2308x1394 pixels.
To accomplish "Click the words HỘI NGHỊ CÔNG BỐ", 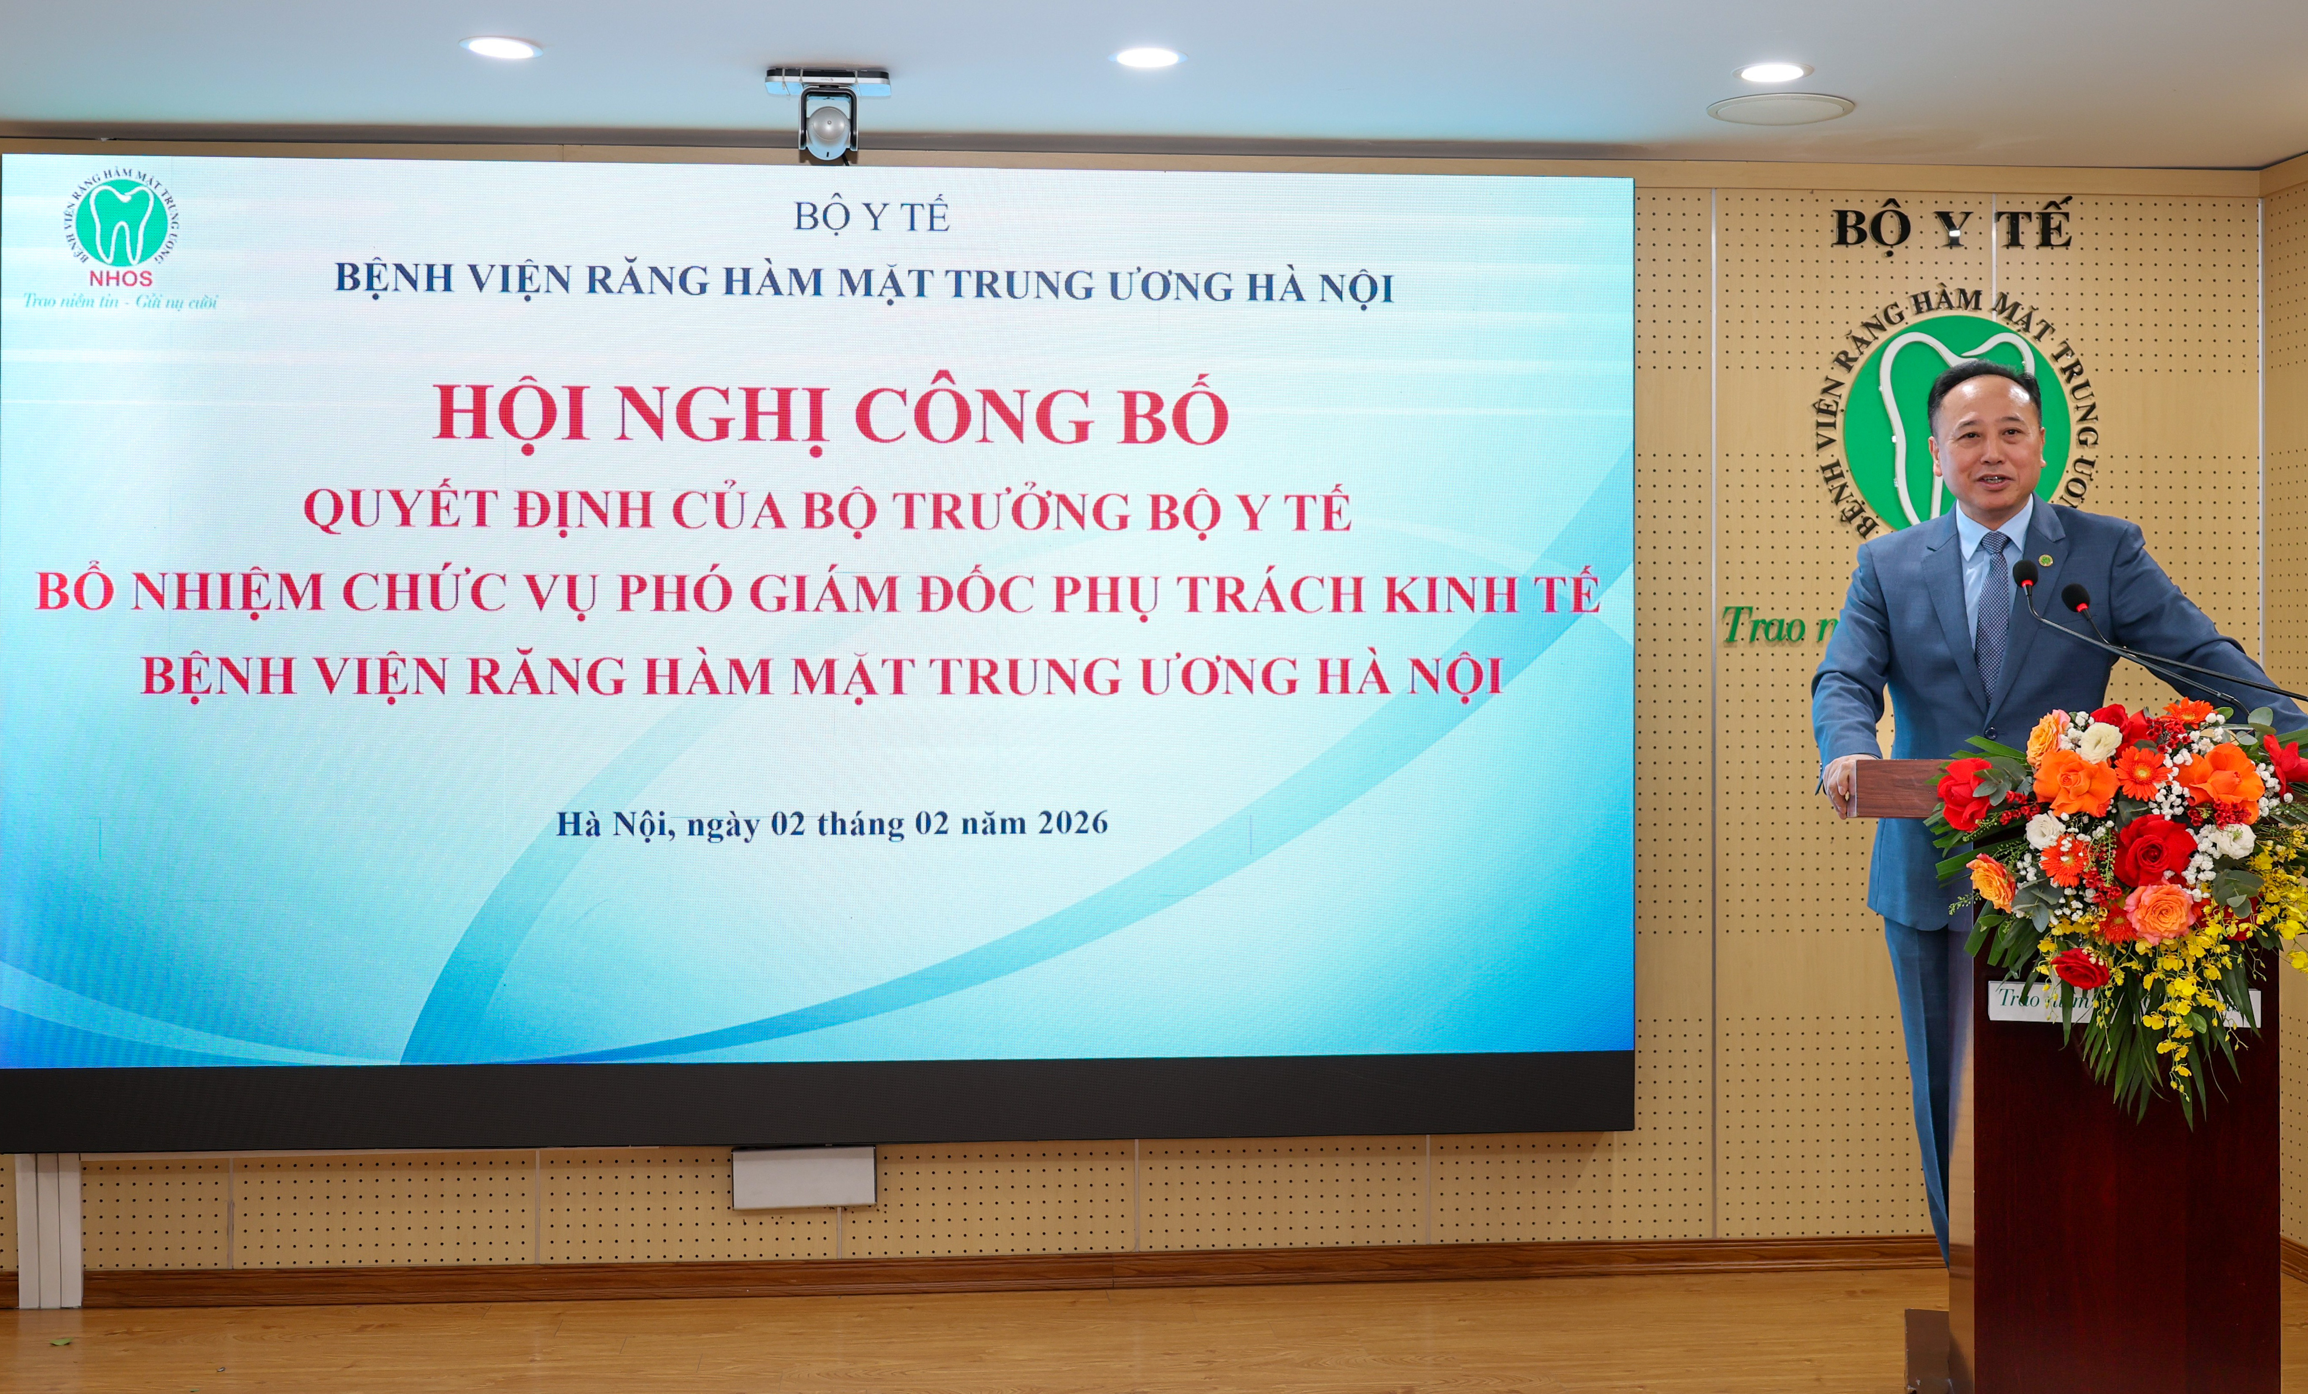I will tap(831, 415).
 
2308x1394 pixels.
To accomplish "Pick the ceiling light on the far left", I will tap(500, 47).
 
